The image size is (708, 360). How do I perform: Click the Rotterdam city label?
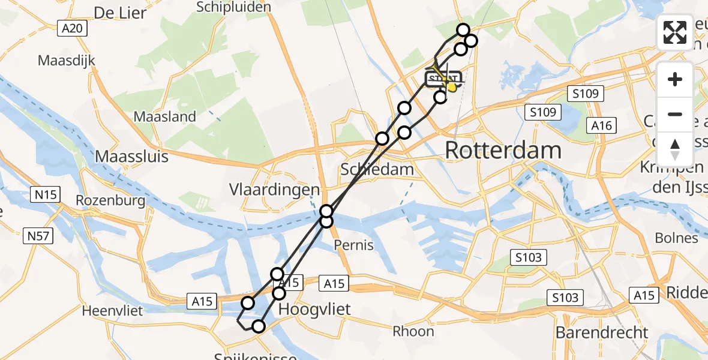tap(503, 151)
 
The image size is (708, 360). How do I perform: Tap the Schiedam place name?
tap(377, 169)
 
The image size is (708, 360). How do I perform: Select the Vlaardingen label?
tap(274, 190)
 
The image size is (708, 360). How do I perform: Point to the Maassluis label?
tap(132, 157)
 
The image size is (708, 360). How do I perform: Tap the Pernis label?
tap(354, 245)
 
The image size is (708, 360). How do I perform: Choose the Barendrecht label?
tap(602, 332)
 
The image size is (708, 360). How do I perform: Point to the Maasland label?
tap(164, 116)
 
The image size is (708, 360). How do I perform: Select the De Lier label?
tap(121, 13)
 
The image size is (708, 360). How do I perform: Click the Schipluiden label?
tap(234, 7)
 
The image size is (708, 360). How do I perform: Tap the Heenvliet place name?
tap(112, 311)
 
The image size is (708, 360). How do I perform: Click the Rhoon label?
tap(413, 331)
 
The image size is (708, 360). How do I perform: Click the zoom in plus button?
tap(675, 79)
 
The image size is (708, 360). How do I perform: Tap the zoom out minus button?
tap(675, 114)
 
